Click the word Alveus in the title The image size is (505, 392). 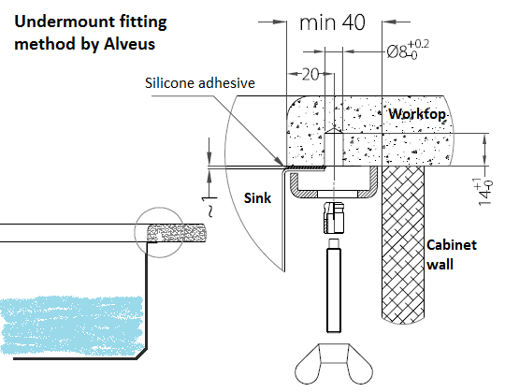coord(129,44)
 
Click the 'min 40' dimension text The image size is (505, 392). coord(332,22)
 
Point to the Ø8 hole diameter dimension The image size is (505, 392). coord(408,50)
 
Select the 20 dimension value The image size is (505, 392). coord(310,75)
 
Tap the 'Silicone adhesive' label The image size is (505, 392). coord(200,83)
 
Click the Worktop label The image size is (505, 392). coord(417,114)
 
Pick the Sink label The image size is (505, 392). coord(257,198)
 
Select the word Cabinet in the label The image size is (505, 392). coord(451,245)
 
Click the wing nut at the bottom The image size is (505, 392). coord(334,364)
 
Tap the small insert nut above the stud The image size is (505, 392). coord(334,217)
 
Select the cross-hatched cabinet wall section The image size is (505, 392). coord(403,244)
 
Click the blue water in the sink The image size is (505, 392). coord(71,326)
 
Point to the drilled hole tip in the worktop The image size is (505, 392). coord(334,128)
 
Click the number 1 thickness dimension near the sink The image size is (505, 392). coord(206,199)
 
